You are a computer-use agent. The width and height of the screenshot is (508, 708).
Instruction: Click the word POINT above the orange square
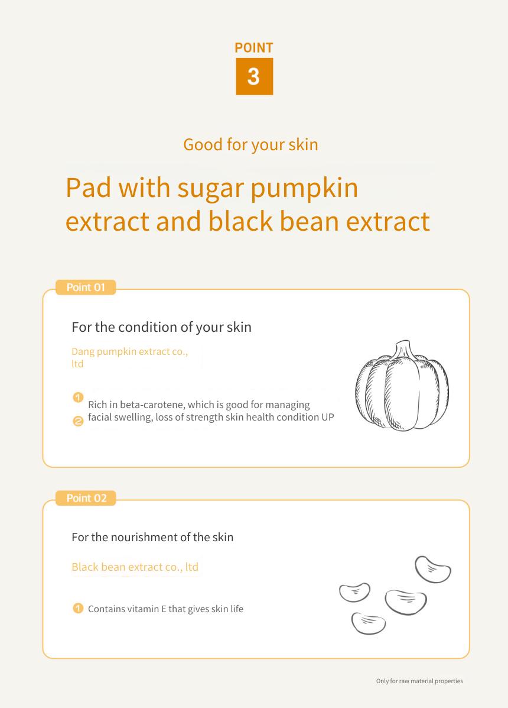point(254,48)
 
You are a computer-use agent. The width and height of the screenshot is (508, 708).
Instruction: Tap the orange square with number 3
point(254,76)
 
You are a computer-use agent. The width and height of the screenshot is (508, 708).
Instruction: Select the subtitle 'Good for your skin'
point(250,145)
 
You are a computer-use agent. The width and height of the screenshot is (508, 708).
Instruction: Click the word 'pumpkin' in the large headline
point(304,189)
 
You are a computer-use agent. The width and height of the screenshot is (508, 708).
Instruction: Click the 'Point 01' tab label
point(86,287)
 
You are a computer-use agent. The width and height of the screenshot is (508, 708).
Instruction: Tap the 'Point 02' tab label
point(86,498)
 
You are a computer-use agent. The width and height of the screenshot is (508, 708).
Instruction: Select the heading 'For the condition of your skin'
point(161,327)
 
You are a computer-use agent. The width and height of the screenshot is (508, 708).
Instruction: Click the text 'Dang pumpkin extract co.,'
point(130,352)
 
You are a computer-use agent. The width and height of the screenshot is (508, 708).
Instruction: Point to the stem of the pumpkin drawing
point(402,350)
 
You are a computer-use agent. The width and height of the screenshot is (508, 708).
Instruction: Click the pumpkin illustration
point(402,386)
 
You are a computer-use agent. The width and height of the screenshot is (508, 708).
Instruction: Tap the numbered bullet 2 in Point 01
point(78,421)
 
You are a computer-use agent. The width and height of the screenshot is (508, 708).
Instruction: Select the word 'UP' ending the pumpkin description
point(328,417)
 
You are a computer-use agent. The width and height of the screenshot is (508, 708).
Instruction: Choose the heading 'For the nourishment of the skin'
point(152,537)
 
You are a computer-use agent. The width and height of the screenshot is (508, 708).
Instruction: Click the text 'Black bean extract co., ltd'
point(135,567)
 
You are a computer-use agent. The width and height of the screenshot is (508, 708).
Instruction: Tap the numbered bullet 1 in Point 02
point(78,608)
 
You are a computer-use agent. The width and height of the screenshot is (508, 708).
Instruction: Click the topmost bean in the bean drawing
point(432,570)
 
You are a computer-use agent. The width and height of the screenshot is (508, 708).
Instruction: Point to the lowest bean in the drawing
point(368,623)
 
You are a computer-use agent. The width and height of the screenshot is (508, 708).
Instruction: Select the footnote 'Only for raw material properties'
point(419,681)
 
